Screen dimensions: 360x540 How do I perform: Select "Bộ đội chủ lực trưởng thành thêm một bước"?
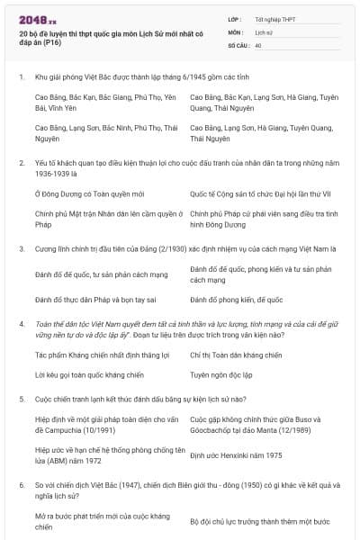(259, 521)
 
